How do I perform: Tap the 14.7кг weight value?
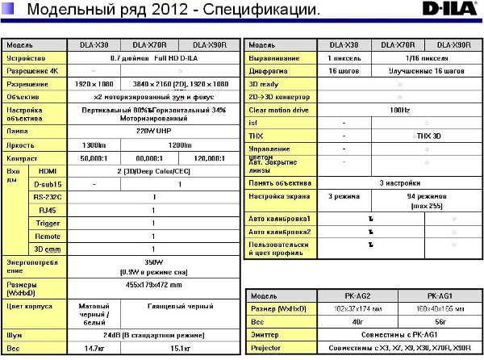tap(94, 348)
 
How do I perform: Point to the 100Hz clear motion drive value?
tap(398, 108)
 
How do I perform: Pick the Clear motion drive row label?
tap(279, 108)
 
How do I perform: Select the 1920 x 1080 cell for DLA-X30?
tap(94, 83)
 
